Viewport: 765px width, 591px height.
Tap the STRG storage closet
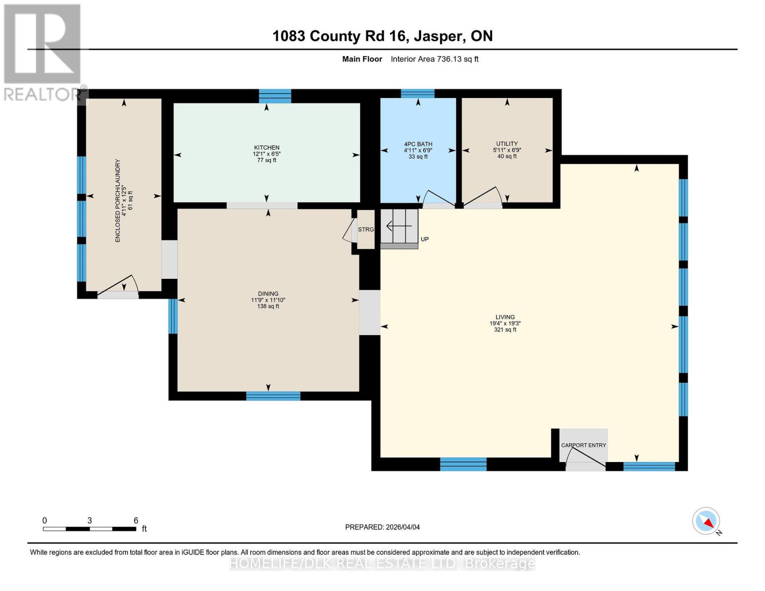[x=366, y=230]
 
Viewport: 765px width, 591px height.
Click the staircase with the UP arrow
[x=399, y=227]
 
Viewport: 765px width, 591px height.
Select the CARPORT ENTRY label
[x=584, y=445]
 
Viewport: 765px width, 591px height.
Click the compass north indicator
[x=706, y=521]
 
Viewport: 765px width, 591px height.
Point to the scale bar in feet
[x=90, y=528]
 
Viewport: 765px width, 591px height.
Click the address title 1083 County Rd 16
[x=382, y=36]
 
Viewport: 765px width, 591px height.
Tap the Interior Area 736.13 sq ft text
[x=434, y=59]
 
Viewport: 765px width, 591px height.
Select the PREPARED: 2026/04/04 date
[x=382, y=527]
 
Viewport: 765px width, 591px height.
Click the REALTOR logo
[x=42, y=52]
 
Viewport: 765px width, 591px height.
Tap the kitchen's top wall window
[x=275, y=96]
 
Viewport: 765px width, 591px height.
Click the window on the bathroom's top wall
[x=417, y=94]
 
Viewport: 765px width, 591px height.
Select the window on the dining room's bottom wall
[x=273, y=395]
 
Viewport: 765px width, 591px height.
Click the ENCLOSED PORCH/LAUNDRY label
[x=123, y=200]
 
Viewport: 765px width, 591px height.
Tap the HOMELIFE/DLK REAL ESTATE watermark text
[x=382, y=563]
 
